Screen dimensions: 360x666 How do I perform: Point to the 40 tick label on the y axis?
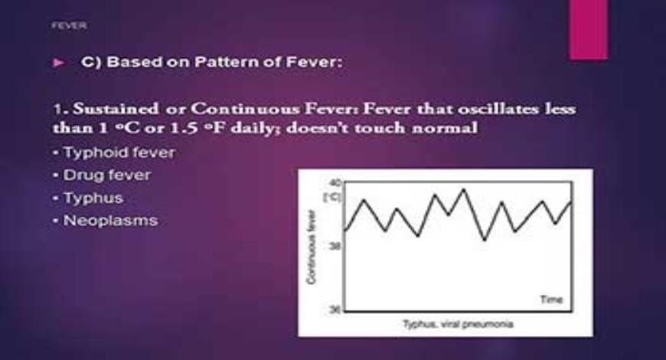click(332, 183)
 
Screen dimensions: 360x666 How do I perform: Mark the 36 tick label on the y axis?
click(332, 309)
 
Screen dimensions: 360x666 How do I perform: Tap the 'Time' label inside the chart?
click(550, 299)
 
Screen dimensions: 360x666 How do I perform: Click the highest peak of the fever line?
click(462, 189)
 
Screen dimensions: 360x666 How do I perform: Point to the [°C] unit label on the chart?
click(331, 197)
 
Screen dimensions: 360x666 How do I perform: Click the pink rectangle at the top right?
click(589, 29)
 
